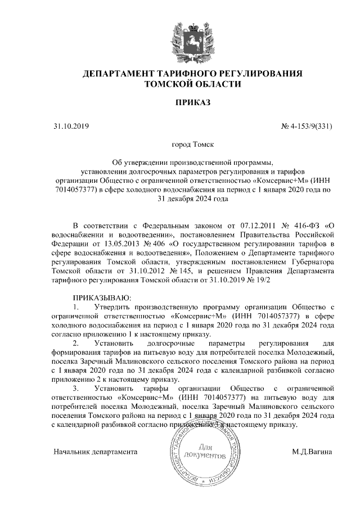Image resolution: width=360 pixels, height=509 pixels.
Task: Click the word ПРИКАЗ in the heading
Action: coord(192,103)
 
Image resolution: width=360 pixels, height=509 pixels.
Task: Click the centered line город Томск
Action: coord(192,145)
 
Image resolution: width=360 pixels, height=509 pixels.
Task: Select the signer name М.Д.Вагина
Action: coord(312,452)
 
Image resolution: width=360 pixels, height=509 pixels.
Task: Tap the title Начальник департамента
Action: coord(95,452)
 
